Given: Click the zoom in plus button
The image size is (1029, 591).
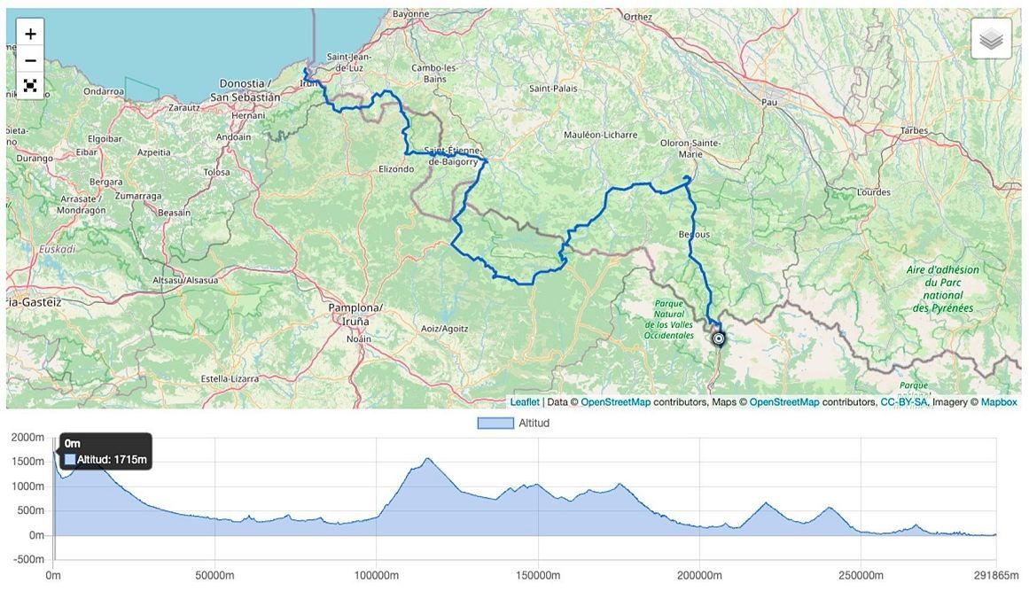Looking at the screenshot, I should point(30,34).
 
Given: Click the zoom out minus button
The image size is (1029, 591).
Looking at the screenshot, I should point(30,60).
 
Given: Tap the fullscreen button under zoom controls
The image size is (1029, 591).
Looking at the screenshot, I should point(30,85).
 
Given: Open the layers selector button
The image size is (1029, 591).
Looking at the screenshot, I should point(991,40).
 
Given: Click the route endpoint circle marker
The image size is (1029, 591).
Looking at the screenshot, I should point(719,338).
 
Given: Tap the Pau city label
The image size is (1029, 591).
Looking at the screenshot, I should point(771,103).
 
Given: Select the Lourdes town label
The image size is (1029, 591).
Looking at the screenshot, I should point(873,192).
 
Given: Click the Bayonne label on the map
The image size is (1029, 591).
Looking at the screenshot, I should point(410,14).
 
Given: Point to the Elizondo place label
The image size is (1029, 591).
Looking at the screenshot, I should point(396,168).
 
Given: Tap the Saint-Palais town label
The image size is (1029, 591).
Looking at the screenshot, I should point(551,89).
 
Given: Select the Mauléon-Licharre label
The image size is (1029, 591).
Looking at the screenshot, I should point(601,135).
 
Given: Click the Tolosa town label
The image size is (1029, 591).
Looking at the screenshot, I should point(216,172).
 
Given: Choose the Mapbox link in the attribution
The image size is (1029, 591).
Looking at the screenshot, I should point(999,401).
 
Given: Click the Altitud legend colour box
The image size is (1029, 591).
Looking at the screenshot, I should point(495,423).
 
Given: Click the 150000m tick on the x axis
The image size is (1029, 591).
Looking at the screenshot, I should point(538,576).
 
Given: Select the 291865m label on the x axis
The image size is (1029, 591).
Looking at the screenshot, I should point(996,576).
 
